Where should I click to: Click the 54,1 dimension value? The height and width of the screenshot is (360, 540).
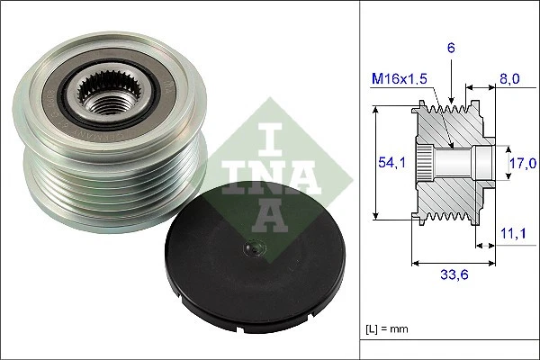point(389,162)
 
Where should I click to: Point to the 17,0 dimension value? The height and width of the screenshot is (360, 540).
point(523,162)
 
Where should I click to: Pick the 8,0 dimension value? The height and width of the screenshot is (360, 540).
point(509,78)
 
